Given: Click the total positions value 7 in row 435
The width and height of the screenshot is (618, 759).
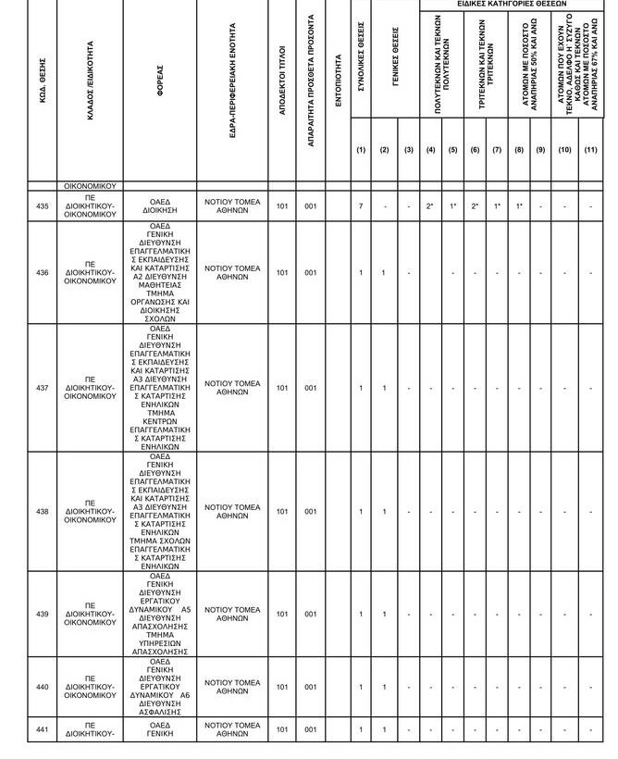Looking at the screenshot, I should (361, 206).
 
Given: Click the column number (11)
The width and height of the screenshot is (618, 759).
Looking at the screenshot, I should (591, 150).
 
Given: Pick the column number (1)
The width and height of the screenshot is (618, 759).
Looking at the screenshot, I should (361, 150).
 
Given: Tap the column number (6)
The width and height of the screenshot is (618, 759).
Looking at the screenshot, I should (475, 150).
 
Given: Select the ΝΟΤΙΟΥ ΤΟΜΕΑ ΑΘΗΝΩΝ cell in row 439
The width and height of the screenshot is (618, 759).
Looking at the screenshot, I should (232, 615).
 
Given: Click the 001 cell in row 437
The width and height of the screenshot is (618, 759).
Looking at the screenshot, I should (311, 388).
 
